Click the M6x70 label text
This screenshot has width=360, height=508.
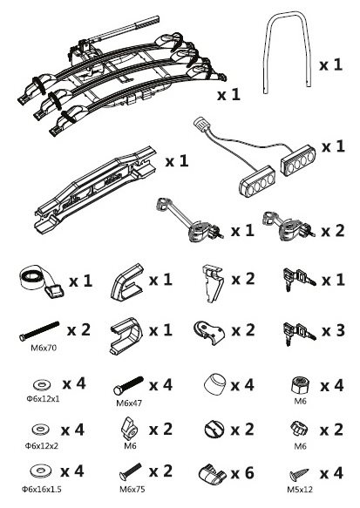tap(44, 348)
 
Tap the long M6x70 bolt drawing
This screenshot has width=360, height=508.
tap(39, 331)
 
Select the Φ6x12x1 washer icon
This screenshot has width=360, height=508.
tap(42, 385)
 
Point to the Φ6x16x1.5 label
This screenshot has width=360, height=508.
tap(41, 489)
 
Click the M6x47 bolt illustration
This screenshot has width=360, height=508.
tap(128, 385)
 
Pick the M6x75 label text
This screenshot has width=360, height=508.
tap(132, 489)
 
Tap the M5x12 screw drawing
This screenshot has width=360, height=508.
tap(299, 475)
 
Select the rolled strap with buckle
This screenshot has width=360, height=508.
tap(42, 281)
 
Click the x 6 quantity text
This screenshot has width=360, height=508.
tap(242, 473)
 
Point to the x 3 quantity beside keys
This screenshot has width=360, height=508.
tap(333, 331)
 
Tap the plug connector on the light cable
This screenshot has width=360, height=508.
tap(200, 125)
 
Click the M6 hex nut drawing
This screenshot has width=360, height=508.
tap(300, 385)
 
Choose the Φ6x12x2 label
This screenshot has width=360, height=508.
tap(42, 446)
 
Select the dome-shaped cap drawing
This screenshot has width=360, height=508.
tap(214, 384)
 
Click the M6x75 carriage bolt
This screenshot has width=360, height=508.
tap(130, 472)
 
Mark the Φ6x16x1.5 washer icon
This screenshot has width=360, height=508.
tap(42, 471)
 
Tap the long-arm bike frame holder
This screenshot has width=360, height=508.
tap(189, 220)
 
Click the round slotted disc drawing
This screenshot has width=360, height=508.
tap(214, 430)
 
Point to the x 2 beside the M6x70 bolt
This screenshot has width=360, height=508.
tap(78, 330)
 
